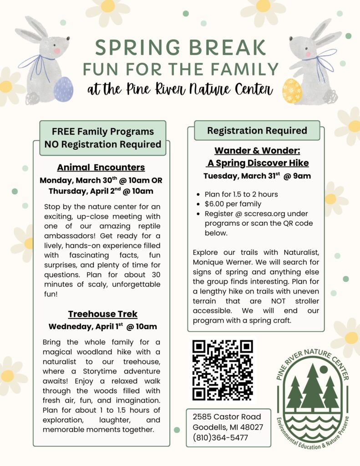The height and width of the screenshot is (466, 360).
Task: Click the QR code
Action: coord(223,370)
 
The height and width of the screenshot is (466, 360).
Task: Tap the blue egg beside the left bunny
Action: coord(63,89)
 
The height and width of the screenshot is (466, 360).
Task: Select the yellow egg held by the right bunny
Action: coord(292,91)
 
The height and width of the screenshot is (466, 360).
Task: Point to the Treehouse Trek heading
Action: coord(102,314)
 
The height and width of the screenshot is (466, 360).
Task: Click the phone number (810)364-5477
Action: coord(220,438)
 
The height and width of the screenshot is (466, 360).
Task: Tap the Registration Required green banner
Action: coord(257,131)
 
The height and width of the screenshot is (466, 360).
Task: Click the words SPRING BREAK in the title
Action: coord(181,48)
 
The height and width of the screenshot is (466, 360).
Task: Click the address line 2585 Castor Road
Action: coord(227,416)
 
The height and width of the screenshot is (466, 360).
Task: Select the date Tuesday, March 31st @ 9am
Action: coord(257,176)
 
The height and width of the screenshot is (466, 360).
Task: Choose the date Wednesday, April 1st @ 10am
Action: coord(102,326)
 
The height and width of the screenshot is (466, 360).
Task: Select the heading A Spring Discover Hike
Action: coord(258,163)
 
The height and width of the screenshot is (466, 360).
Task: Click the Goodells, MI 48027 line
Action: coord(228,427)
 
